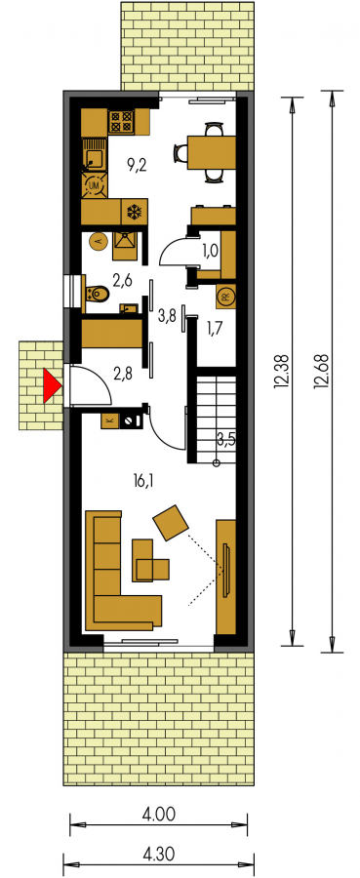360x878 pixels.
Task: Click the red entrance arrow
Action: click(51, 385)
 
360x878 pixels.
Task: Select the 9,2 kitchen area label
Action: click(136, 165)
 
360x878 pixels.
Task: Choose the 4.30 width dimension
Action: click(158, 854)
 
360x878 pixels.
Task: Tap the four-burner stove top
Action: click(122, 121)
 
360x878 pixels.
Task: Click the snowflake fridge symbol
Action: click(135, 212)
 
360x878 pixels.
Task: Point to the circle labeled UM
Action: click(94, 184)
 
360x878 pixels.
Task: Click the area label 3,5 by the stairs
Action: click(224, 438)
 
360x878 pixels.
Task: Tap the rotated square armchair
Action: click(171, 523)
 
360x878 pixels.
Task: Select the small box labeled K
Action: click(109, 420)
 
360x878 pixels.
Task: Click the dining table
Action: click(211, 152)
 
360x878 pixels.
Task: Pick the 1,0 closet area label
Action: click(210, 251)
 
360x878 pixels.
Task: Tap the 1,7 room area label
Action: click(215, 328)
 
